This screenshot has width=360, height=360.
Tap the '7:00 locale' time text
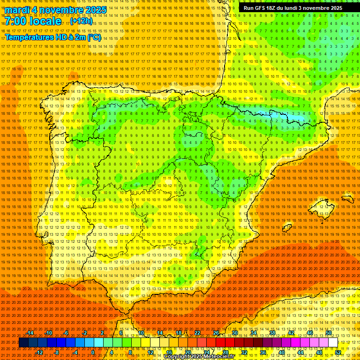pyautogui.click(x=33, y=21)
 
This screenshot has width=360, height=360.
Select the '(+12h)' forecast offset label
pyautogui.click(x=81, y=22)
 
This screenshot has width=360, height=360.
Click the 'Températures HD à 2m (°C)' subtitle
pyautogui.click(x=53, y=37)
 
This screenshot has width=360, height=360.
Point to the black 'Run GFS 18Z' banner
pyautogui.click(x=293, y=8)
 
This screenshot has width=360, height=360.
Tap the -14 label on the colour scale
pyautogui.click(x=30, y=333)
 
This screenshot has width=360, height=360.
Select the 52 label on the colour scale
pyautogui.click(x=338, y=352)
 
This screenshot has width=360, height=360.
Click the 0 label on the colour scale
pyautogui.click(x=93, y=352)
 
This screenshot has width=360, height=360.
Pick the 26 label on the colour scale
pyautogui.click(x=216, y=333)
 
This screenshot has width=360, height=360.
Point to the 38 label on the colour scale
pyautogui.click(x=272, y=333)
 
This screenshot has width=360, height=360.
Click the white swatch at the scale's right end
pyautogui.click(x=333, y=343)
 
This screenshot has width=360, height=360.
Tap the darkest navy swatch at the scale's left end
pyautogui.click(x=23, y=343)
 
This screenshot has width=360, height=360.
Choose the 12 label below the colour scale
pyautogui.click(x=150, y=352)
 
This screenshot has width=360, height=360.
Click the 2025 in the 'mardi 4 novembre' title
pyautogui.click(x=95, y=10)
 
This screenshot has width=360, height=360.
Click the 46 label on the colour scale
pyautogui.click(x=309, y=333)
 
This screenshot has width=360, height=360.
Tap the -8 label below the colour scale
pyautogui.click(x=57, y=352)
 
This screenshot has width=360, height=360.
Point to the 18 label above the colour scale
pyautogui.click(x=178, y=333)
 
